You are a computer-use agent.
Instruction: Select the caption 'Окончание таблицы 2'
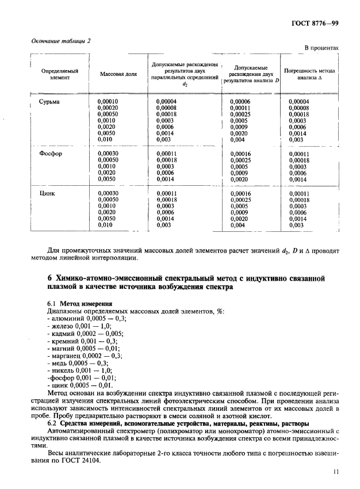(x=57, y=40)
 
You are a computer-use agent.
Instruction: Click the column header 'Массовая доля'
(x=114, y=74)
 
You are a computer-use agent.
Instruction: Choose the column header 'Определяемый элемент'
(x=59, y=74)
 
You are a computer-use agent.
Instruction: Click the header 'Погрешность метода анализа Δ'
(x=312, y=74)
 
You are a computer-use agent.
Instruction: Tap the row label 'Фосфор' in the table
(x=51, y=154)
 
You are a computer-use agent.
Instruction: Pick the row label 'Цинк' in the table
(x=47, y=194)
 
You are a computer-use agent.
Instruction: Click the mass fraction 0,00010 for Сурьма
(x=108, y=102)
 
